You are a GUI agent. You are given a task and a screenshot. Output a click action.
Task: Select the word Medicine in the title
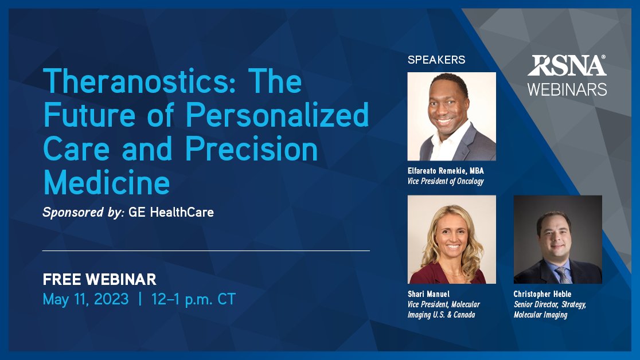tap(107, 183)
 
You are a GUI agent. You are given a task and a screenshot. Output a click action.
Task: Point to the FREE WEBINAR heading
tap(99, 280)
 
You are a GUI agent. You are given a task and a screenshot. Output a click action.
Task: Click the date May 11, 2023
tap(85, 299)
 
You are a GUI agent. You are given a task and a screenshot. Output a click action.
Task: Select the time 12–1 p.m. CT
tap(193, 299)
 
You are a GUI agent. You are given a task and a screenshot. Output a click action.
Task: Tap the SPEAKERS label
tap(436, 60)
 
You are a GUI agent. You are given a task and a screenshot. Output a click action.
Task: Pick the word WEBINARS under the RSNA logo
tap(567, 89)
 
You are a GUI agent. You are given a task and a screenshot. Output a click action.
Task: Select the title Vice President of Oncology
tap(446, 181)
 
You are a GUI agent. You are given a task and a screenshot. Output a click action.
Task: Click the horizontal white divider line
tap(206, 251)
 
